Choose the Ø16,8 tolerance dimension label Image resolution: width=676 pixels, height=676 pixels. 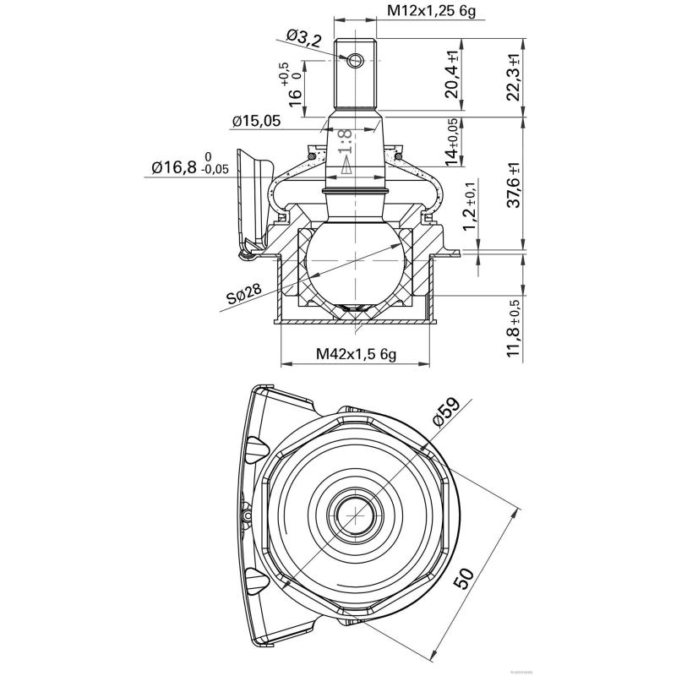(x=190, y=167)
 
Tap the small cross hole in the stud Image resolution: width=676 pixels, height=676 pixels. (x=355, y=58)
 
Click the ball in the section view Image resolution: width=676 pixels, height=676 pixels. (x=355, y=263)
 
